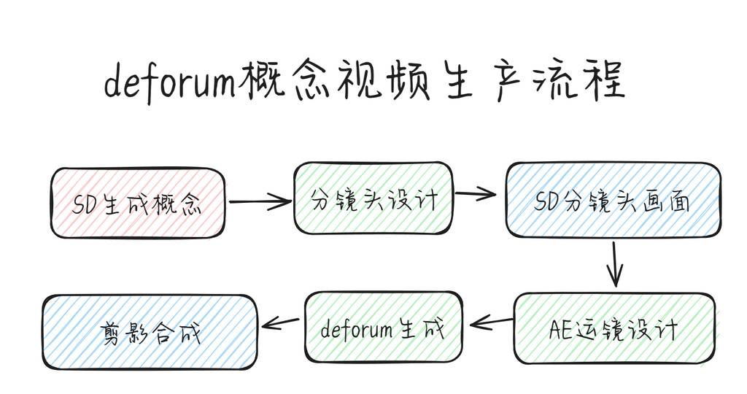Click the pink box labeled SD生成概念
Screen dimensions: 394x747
(x=137, y=203)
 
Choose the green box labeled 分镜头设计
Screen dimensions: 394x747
(x=373, y=198)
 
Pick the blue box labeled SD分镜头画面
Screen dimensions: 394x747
(x=613, y=199)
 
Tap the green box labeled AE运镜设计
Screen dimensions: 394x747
(x=614, y=328)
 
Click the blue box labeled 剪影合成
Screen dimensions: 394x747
(x=150, y=331)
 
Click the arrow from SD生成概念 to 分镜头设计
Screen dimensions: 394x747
(x=259, y=201)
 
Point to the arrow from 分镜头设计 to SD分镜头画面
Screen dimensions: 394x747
(x=475, y=194)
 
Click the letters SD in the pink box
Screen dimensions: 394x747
(x=89, y=204)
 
